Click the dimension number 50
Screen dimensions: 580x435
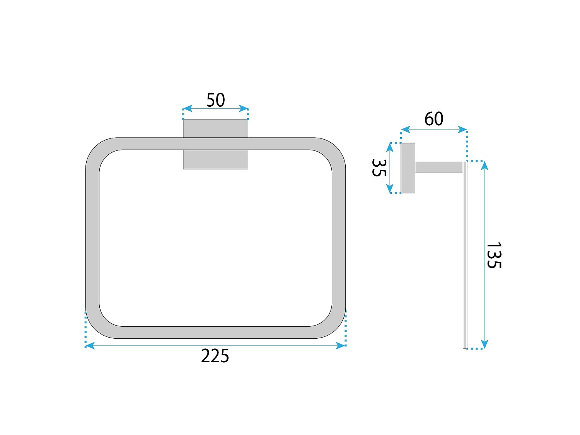click(215, 100)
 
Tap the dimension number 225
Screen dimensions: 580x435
click(215, 356)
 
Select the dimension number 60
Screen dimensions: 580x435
click(433, 119)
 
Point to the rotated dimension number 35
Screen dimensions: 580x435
click(379, 168)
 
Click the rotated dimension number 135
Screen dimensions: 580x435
click(494, 256)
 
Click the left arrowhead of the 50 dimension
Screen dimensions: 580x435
click(188, 109)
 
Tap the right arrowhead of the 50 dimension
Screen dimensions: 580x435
click(244, 109)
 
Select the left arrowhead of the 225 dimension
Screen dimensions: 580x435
click(90, 345)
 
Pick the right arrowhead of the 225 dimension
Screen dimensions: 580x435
click(340, 345)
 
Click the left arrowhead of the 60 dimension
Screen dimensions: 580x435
click(406, 130)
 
